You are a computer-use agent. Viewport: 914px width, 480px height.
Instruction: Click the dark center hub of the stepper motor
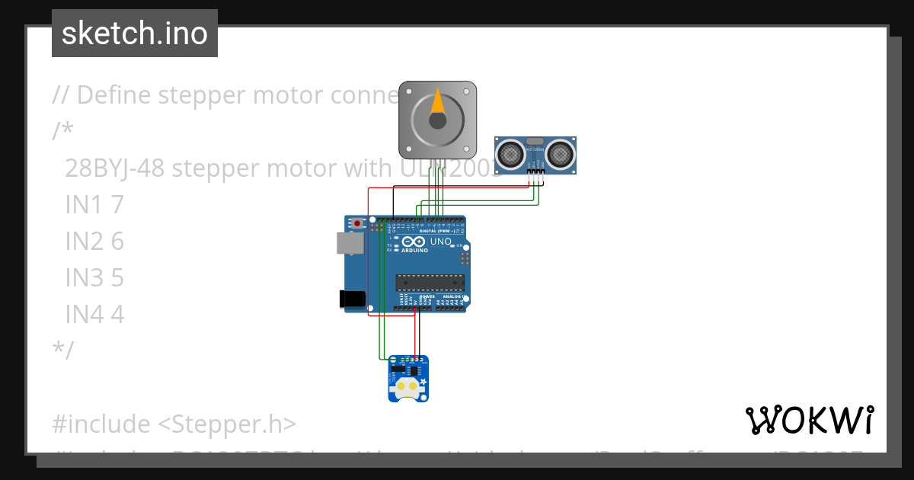pyautogui.click(x=437, y=120)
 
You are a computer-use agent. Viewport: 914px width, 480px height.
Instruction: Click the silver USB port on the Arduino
pyautogui.click(x=350, y=243)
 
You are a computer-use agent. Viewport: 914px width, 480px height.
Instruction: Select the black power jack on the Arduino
pyautogui.click(x=351, y=299)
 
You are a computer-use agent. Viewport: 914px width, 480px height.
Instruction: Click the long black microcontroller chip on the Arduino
pyautogui.click(x=429, y=283)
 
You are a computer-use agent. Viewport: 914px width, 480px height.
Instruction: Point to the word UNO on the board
pyautogui.click(x=441, y=242)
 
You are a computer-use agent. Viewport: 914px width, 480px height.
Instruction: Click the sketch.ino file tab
pyautogui.click(x=135, y=34)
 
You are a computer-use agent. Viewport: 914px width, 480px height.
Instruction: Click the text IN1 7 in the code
pyautogui.click(x=94, y=205)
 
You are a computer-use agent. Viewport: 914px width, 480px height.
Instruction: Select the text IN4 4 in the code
pyautogui.click(x=94, y=314)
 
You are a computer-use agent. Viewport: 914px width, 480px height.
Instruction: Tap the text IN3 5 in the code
pyautogui.click(x=94, y=277)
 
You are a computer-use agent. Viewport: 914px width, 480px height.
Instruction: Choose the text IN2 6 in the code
pyautogui.click(x=94, y=242)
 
